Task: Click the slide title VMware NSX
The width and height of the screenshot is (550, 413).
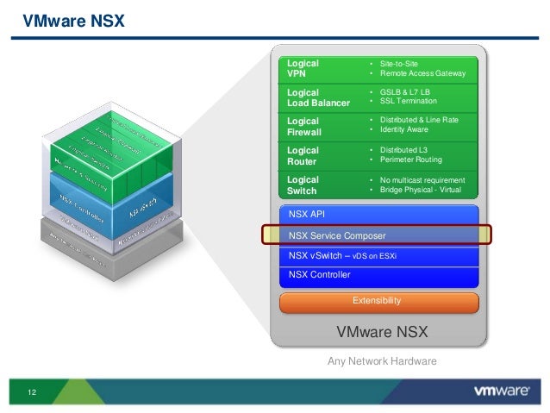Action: pos(73,19)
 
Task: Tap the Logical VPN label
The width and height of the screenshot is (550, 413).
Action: pos(303,69)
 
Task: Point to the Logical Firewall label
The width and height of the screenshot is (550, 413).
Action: pos(304,127)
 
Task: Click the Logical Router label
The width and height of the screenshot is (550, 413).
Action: pos(303,155)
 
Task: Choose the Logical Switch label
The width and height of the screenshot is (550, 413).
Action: pos(303,185)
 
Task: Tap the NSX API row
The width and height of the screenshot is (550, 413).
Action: pos(309,212)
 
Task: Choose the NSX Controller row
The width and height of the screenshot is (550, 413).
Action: pos(320,275)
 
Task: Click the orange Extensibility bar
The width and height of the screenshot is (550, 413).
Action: pos(377,301)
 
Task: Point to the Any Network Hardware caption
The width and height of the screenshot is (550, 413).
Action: pos(382,361)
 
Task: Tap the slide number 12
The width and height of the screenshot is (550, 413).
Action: pos(32,393)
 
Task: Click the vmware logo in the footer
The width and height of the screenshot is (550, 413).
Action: pos(501,391)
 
